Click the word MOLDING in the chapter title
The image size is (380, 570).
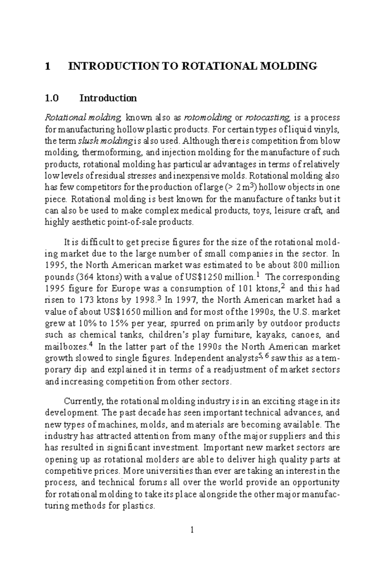point(288,66)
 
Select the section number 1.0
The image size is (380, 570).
point(52,98)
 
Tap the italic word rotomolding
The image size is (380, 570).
point(208,118)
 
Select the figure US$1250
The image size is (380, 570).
point(204,277)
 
